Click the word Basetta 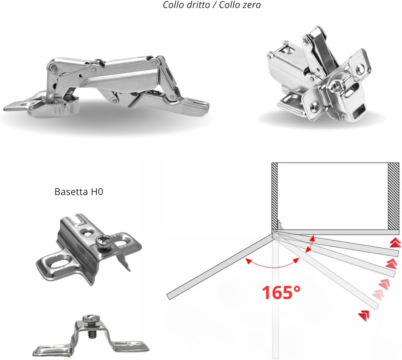[x=71, y=192]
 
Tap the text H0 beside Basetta [x=97, y=192]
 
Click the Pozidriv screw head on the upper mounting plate [x=101, y=241]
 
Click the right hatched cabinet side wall [x=393, y=196]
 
